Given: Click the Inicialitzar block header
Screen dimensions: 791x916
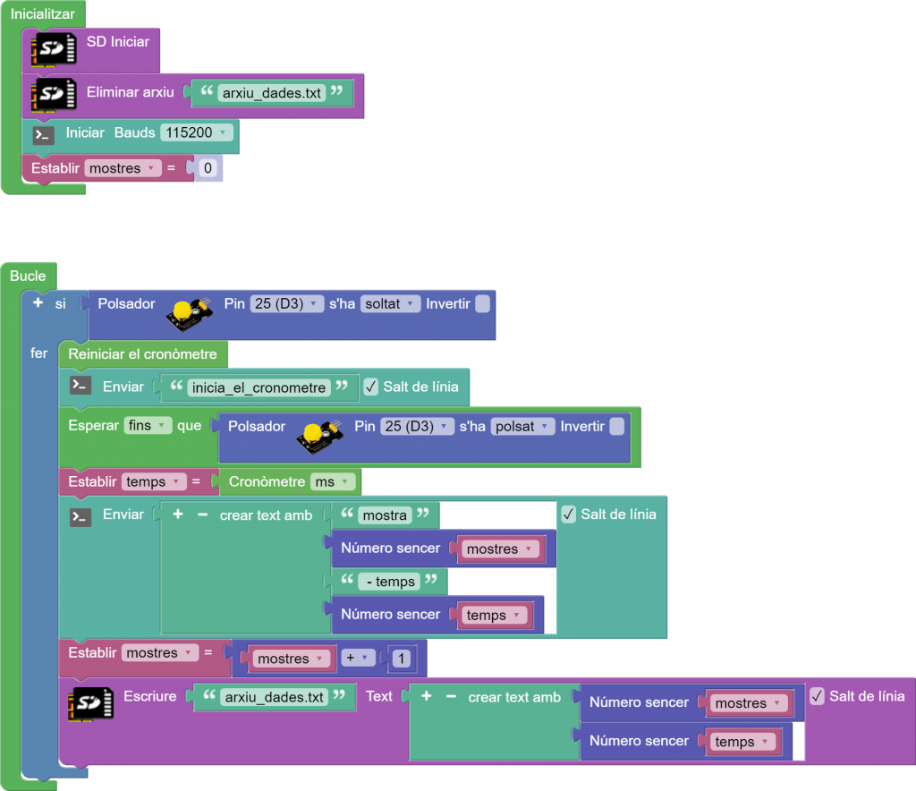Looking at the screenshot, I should click(x=43, y=14).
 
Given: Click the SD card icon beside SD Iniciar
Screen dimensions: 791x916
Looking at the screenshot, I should click(x=55, y=49).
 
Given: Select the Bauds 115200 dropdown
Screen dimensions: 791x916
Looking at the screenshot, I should click(x=197, y=132).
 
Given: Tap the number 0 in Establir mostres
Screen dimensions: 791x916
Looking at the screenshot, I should click(x=208, y=168).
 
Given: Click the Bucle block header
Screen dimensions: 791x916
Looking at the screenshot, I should click(x=28, y=276).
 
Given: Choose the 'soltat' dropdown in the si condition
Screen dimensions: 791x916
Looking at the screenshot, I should click(x=390, y=303).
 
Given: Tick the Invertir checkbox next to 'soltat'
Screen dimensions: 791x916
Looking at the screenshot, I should click(x=482, y=303).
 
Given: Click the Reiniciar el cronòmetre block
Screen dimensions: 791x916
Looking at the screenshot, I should click(x=143, y=353).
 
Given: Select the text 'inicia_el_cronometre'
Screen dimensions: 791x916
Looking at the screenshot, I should click(x=258, y=387).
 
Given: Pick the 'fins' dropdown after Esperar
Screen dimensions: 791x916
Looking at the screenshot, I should click(x=147, y=426).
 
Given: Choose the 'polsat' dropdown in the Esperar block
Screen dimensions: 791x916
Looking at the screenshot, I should click(x=522, y=427).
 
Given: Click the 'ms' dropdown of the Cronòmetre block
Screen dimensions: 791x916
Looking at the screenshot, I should click(x=332, y=481).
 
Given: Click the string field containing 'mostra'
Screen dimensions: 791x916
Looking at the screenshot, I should click(x=385, y=515).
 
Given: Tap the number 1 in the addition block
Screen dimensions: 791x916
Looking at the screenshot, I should click(x=402, y=659).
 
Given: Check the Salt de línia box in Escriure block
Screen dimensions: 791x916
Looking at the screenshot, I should click(x=817, y=696).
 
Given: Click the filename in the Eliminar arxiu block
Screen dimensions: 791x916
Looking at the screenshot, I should click(x=271, y=92).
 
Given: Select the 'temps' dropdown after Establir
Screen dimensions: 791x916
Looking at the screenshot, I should click(x=153, y=481).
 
